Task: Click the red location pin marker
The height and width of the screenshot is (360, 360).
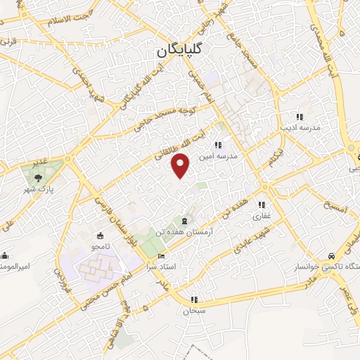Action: pos(181,165)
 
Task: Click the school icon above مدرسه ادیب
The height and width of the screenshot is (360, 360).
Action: pos(300,117)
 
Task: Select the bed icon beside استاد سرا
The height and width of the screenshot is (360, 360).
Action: pos(162,256)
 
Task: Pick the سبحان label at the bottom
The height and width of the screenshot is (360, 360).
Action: pos(194,309)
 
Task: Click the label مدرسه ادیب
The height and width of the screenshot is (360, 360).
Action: pos(301,129)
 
